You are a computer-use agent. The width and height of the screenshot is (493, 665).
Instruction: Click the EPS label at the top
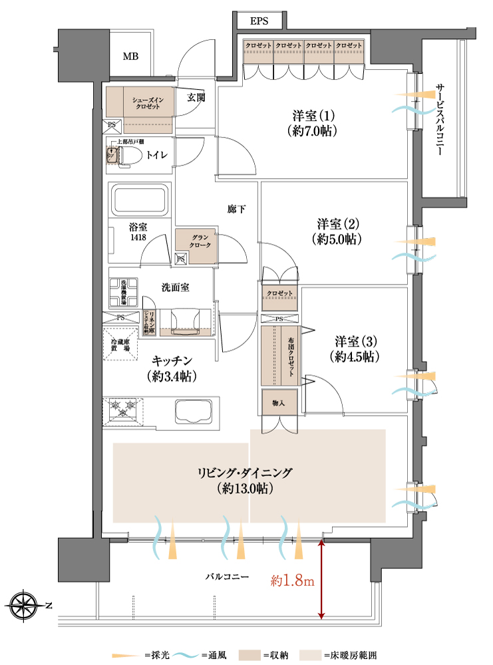(x=259, y=21)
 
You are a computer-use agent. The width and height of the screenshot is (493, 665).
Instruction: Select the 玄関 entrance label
(x=196, y=98)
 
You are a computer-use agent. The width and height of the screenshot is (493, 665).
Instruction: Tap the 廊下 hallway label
(x=237, y=210)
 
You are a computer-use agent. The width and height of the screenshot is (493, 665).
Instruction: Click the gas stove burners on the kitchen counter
(x=124, y=407)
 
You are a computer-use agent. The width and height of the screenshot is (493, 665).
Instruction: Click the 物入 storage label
(x=278, y=402)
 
